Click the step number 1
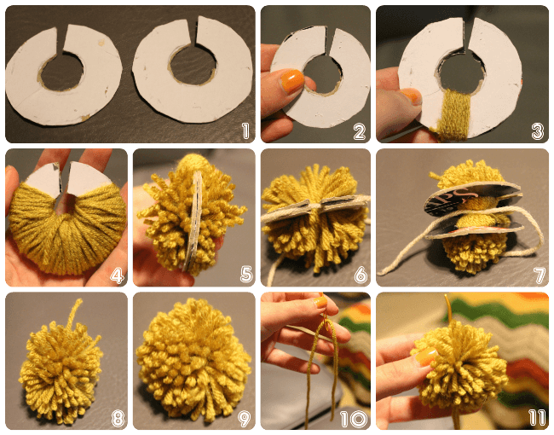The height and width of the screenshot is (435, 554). pos(245,130)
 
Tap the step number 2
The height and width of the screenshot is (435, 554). pos(359,131)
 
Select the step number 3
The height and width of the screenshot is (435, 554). pos(538,131)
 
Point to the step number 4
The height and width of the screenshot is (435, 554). pos(118,275)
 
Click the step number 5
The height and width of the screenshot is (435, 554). pos(246,275)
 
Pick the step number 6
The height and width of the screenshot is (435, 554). pos(361,275)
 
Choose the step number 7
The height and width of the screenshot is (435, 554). pos(540,275)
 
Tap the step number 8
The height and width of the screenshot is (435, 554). pos(118,419)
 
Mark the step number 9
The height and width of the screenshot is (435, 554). pos(245,419)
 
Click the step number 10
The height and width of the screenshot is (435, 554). pos(354,419)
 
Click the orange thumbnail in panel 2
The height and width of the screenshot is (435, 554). pos(291,81)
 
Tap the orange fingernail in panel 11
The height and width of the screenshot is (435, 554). pos(425,357)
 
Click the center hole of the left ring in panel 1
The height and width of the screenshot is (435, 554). pos(62,72)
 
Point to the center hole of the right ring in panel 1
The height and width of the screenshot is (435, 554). pos(193,64)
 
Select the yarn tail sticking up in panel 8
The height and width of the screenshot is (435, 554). pos(74,313)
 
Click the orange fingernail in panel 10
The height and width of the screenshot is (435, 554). pos(320,302)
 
